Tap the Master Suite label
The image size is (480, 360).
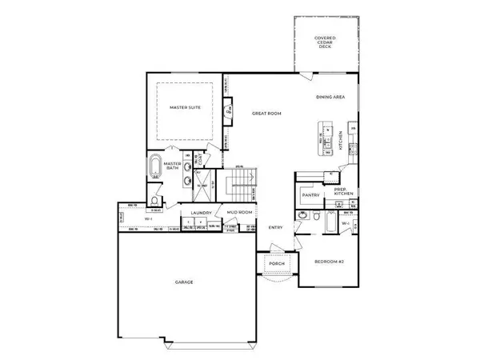coord(183,106)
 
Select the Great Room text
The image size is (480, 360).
coord(264,114)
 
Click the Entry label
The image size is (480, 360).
coord(275,226)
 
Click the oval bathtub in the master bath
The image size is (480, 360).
coord(154,170)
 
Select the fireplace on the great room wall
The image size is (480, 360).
coord(228,113)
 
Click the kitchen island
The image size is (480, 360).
coord(326,138)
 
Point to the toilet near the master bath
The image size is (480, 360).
coord(154,201)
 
